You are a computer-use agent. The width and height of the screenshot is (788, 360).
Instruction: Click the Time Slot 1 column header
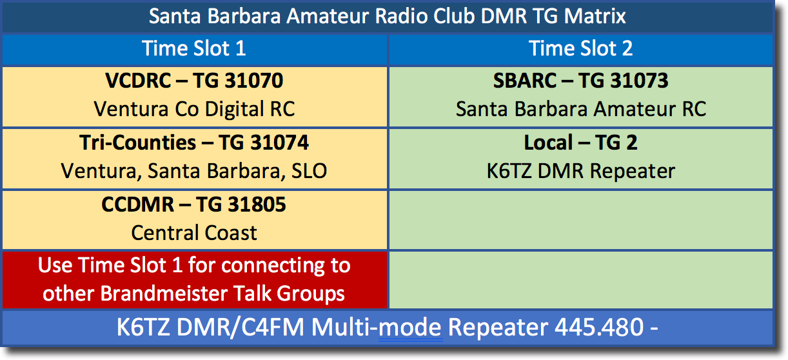point(194,48)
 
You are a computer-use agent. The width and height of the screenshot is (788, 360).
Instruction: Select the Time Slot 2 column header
point(580,48)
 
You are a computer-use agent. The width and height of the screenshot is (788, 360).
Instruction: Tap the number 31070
point(253,81)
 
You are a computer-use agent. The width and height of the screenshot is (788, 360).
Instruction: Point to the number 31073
point(639,81)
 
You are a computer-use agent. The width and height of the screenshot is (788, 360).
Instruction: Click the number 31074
point(279,143)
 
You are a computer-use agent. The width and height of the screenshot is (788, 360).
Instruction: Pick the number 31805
point(257,205)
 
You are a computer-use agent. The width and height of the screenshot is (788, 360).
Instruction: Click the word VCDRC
point(138,81)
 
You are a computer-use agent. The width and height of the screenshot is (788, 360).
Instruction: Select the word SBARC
point(524,81)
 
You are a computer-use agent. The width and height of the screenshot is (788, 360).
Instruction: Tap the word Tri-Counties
point(137,143)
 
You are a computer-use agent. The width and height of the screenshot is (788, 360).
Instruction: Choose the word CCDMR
point(137,205)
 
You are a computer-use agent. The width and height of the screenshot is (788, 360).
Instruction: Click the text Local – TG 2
point(580,143)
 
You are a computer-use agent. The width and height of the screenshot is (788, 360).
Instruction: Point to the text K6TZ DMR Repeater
point(581,171)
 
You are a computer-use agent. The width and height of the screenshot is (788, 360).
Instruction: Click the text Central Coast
point(194,233)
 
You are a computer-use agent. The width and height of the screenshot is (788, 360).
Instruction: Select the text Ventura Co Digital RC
point(194,109)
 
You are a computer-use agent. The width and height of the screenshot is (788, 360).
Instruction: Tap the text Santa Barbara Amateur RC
point(581,109)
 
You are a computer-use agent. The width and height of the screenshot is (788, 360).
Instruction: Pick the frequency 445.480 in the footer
point(599,327)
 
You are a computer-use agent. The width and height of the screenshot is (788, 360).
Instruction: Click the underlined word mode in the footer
point(410,327)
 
